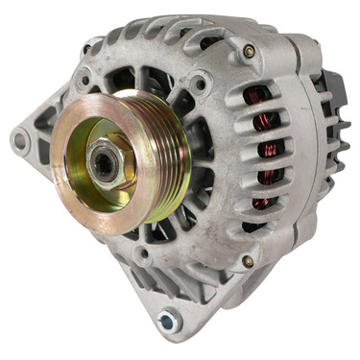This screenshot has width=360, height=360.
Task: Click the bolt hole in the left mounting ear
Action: point(19,141)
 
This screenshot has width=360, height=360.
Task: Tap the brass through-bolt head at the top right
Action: point(250,52)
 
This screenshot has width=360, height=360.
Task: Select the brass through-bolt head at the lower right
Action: point(248,261)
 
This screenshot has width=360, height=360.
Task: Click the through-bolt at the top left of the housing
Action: point(87,49)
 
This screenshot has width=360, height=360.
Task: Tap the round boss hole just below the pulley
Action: point(141,256)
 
